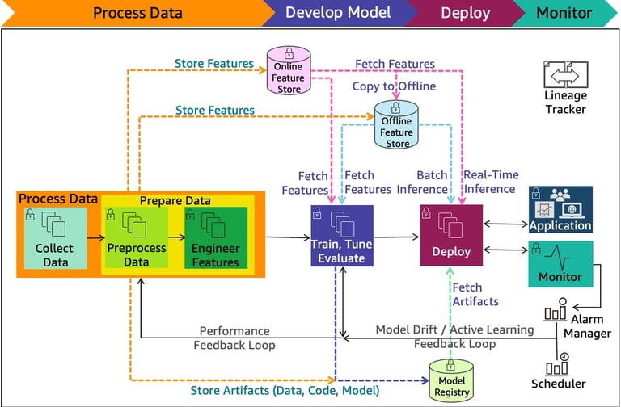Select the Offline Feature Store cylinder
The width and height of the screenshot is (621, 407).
[x=397, y=126]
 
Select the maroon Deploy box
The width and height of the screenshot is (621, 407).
[x=451, y=235]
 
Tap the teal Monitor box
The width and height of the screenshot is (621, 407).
[x=560, y=264]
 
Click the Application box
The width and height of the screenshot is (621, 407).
[x=560, y=209]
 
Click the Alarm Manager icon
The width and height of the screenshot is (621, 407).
[x=557, y=312]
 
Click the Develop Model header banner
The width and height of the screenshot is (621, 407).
[x=338, y=13]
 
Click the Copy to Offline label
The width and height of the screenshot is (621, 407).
[x=394, y=86]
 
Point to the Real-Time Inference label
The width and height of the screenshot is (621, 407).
[x=490, y=182]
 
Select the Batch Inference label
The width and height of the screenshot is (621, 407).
[x=421, y=182]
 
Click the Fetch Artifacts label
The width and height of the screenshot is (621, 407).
[x=475, y=294]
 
